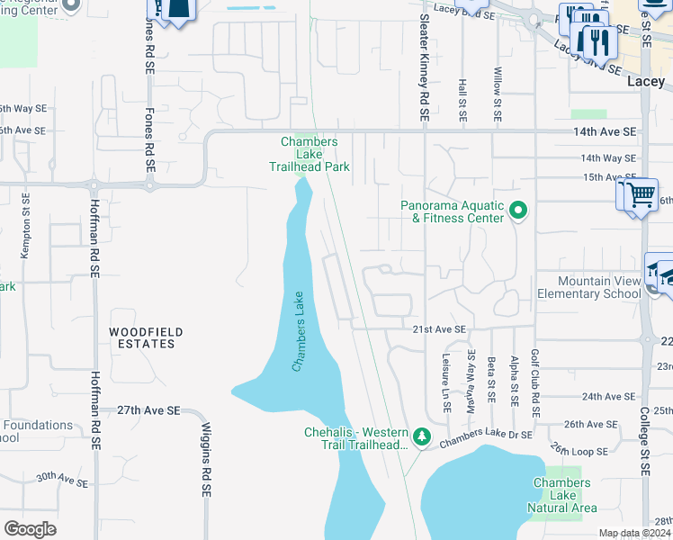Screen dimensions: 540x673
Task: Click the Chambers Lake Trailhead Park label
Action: pos(309,154)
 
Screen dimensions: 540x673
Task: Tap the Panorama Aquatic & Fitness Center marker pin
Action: pos(518,211)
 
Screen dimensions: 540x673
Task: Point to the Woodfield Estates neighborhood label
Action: pos(147,338)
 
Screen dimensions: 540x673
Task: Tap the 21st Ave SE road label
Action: pos(440,330)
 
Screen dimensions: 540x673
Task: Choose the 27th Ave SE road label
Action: pos(148,410)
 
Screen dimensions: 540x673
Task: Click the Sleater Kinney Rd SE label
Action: pos(424,62)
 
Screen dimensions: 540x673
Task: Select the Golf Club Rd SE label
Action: pos(534,382)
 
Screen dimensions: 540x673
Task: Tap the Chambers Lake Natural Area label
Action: pos(561,496)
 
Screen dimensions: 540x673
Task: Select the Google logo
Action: pos(30,528)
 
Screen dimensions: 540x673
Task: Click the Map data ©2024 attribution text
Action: pos(634,533)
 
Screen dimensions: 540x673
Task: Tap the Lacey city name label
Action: pos(644,82)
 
